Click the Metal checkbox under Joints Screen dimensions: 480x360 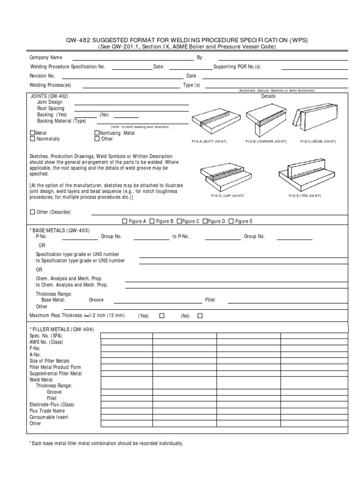32,133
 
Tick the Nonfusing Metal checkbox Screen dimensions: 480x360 97,133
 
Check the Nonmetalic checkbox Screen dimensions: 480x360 32,139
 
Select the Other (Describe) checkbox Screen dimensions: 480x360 32,212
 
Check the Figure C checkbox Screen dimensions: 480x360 179,221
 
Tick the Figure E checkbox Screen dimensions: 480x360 231,221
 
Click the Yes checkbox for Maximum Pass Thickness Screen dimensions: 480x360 162,315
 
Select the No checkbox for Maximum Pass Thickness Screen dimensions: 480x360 200,315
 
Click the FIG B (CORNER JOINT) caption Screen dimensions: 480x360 265,141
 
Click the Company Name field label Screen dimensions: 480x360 46,57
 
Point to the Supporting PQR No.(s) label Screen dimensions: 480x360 237,67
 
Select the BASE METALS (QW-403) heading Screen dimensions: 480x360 60,230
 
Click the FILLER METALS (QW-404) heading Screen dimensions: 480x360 61,329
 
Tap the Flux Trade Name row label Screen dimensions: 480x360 47,411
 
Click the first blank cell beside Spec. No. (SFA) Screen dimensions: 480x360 127,336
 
